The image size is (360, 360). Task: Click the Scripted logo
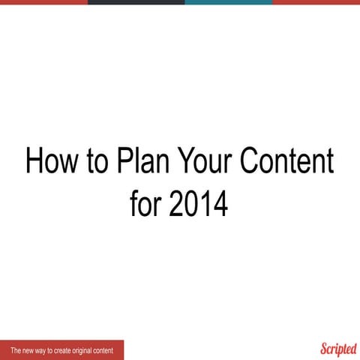point(338,349)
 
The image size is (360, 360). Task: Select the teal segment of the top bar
point(228,2)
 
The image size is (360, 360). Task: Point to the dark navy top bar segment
point(136,2)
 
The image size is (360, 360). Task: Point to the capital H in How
point(34,161)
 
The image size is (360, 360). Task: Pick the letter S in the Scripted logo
point(325,349)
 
